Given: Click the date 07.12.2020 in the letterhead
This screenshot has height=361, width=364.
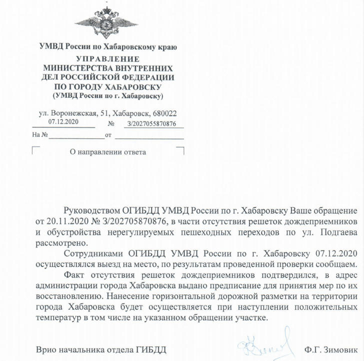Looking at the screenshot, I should tap(63, 121).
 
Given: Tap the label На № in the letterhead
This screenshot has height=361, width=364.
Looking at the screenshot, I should tap(39, 135).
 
